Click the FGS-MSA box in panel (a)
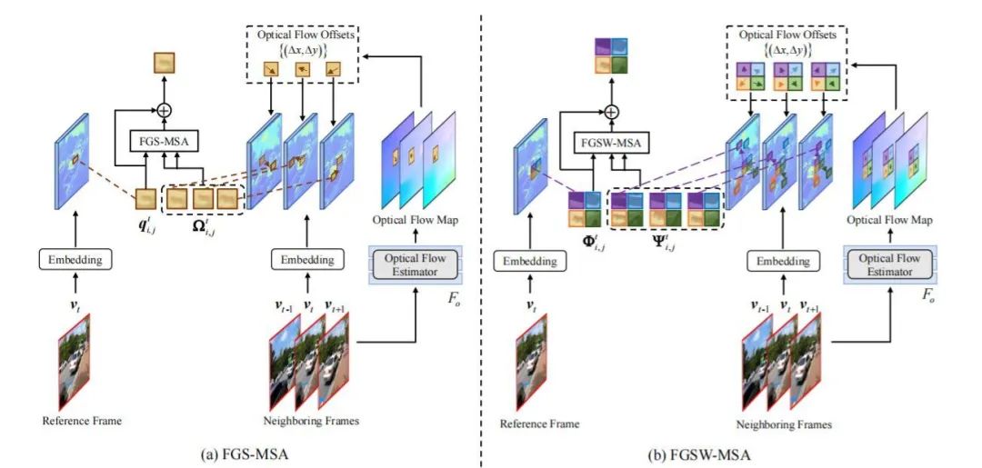tap(165, 141)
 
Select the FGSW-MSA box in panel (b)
tap(612, 141)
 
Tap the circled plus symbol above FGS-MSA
tap(165, 110)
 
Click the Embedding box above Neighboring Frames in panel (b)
tap(778, 262)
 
